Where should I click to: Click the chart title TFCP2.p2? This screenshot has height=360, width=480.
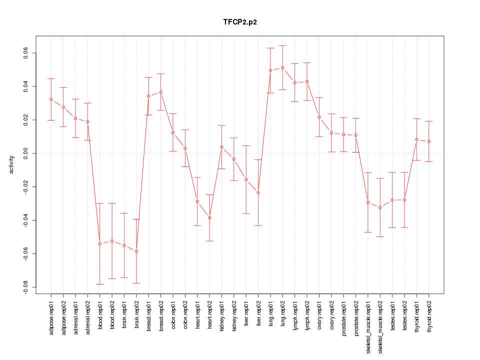pos(240,22)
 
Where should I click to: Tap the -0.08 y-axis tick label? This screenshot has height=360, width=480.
pos(25,287)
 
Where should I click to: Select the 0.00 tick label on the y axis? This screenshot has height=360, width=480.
pos(25,153)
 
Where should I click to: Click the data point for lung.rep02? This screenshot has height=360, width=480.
pos(282,67)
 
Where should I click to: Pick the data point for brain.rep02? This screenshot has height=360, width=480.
pos(136,251)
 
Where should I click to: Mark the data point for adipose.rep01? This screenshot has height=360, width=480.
pos(51,99)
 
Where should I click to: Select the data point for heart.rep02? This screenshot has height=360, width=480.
pos(209,217)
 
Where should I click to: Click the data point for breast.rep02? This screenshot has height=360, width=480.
pos(161,92)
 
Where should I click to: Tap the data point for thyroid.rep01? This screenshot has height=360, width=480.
pos(416,139)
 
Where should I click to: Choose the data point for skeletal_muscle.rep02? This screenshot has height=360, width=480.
pos(380,207)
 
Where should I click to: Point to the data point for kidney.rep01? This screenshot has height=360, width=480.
pos(221,147)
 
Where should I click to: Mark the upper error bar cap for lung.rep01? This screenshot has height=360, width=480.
pos(270,48)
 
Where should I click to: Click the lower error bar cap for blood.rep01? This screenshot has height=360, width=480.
pos(100,284)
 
